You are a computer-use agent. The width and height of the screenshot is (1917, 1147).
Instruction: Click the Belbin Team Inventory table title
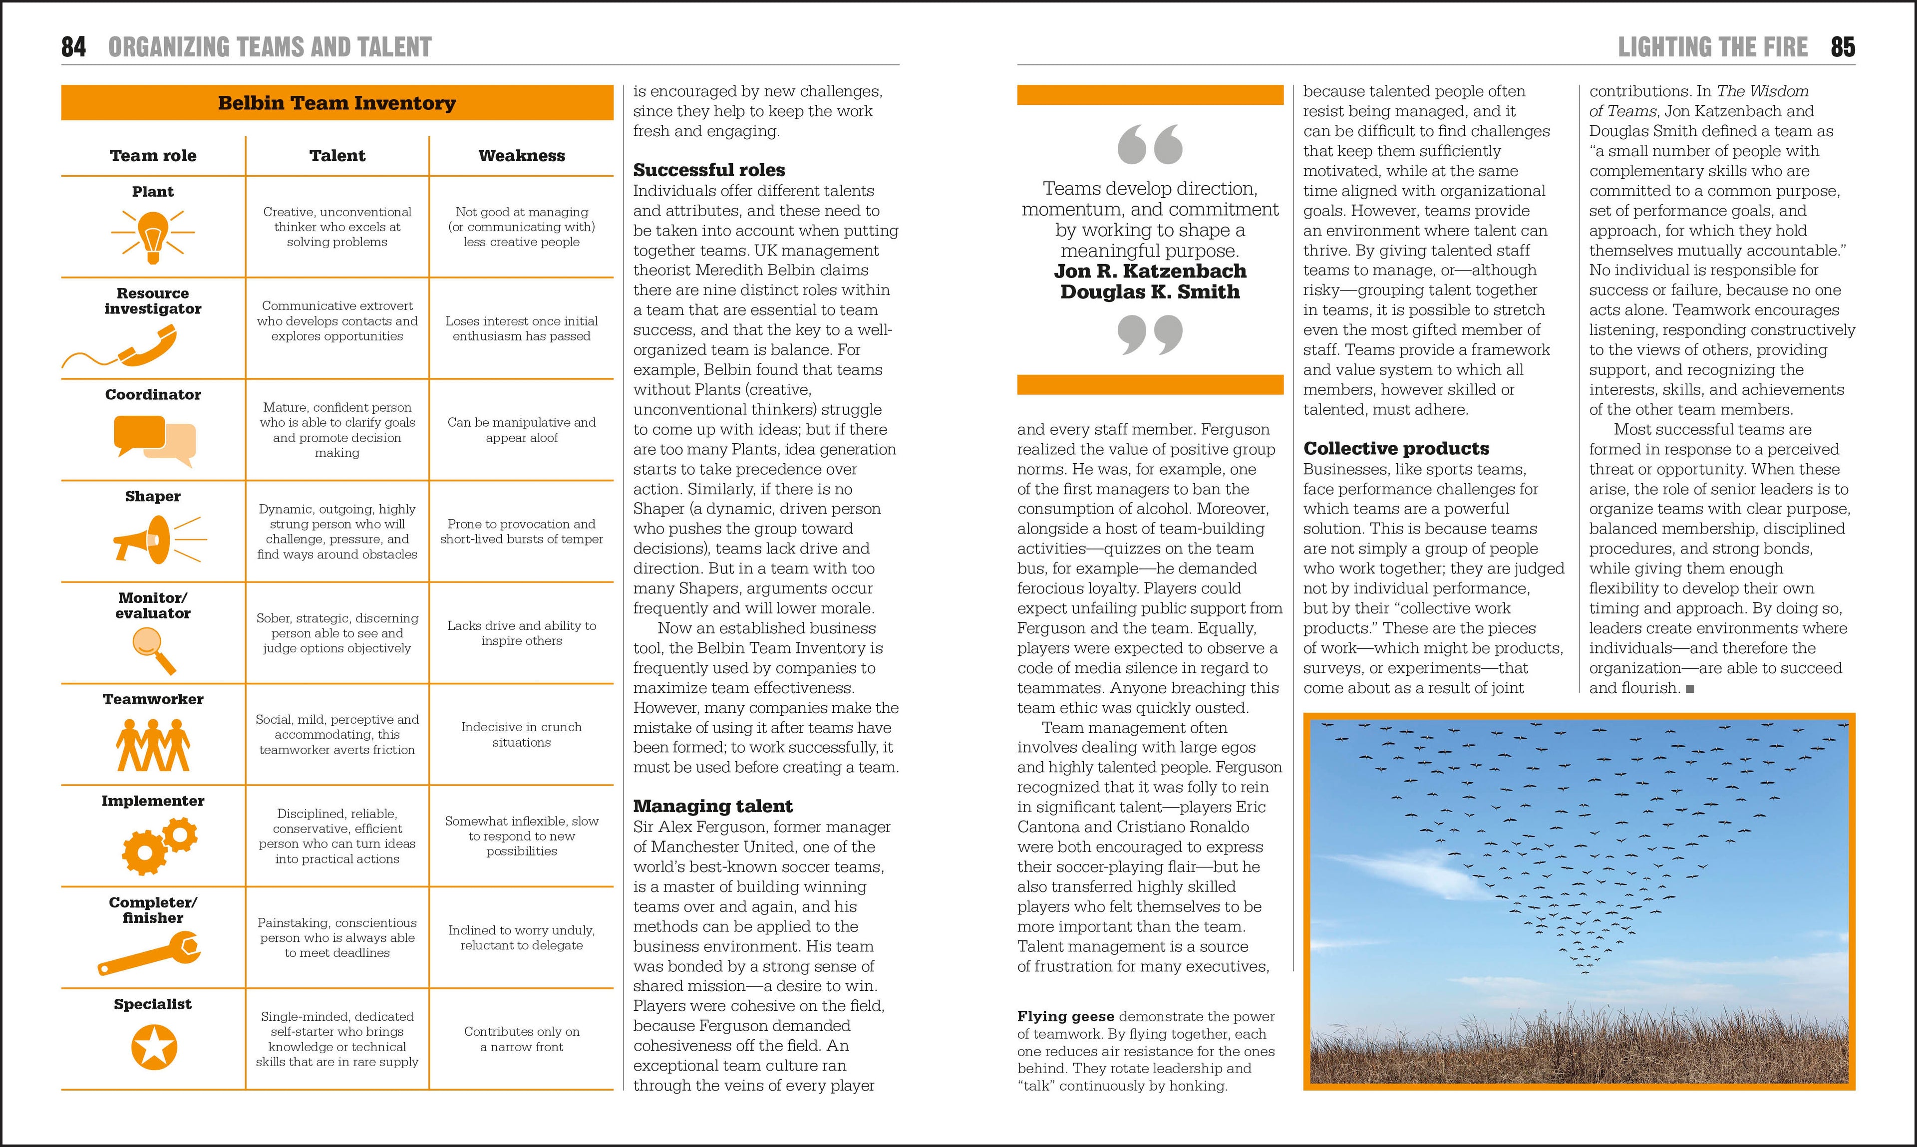[337, 103]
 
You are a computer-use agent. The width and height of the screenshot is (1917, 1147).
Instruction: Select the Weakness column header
[522, 155]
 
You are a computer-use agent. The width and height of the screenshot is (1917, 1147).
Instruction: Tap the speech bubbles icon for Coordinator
[155, 440]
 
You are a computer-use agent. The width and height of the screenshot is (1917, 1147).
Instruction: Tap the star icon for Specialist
[154, 1047]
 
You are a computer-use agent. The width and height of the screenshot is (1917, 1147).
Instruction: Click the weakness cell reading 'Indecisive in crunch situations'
[522, 734]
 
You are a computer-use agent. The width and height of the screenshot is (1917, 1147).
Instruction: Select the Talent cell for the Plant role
[337, 227]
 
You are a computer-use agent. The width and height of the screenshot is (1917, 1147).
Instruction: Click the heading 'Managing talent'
[713, 806]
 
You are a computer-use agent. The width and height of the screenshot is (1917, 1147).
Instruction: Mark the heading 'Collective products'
[1396, 448]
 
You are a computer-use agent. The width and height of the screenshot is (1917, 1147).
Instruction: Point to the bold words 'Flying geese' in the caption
[1065, 1016]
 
